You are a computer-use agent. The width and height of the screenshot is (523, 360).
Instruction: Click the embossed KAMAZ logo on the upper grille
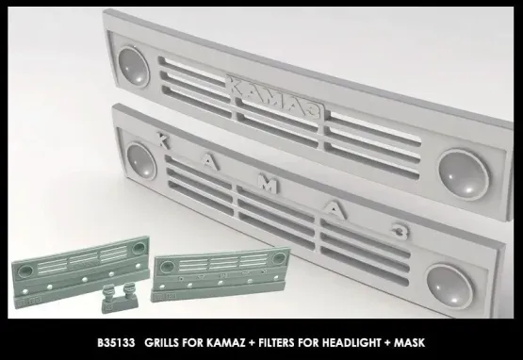(x=272, y=90)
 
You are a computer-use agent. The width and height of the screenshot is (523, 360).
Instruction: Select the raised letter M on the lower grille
(x=270, y=188)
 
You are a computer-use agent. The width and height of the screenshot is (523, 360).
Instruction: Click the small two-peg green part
(x=120, y=295)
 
